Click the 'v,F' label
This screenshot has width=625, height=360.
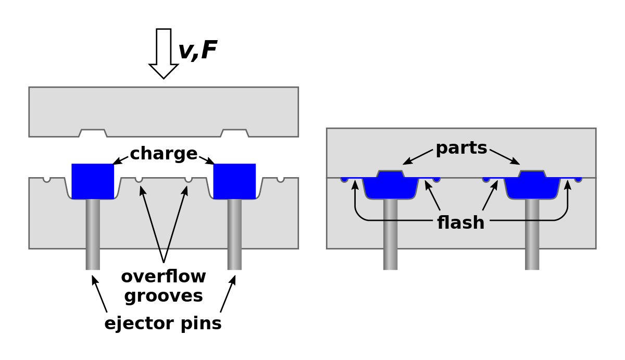pyautogui.click(x=197, y=51)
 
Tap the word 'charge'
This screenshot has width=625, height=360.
pyautogui.click(x=164, y=154)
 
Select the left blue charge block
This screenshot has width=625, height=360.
pyautogui.click(x=93, y=181)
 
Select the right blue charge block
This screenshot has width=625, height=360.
pyautogui.click(x=234, y=181)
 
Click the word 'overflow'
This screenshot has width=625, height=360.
pyautogui.click(x=164, y=276)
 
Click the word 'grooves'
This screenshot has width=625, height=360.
pyautogui.click(x=164, y=296)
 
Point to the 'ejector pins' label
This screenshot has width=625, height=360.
pyautogui.click(x=163, y=324)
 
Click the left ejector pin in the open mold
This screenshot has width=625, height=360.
pyautogui.click(x=93, y=234)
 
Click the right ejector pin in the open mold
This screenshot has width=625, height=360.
pyautogui.click(x=234, y=234)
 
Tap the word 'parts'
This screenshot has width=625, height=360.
pyautogui.click(x=461, y=148)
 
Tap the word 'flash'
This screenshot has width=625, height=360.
pyautogui.click(x=461, y=223)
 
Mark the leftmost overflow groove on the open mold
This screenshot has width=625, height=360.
pyautogui.click(x=47, y=180)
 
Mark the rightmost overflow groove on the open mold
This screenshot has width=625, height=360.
pyautogui.click(x=281, y=180)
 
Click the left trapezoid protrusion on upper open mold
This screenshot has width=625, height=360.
pyautogui.click(x=93, y=133)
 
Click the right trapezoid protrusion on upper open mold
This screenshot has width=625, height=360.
pyautogui.click(x=234, y=133)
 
